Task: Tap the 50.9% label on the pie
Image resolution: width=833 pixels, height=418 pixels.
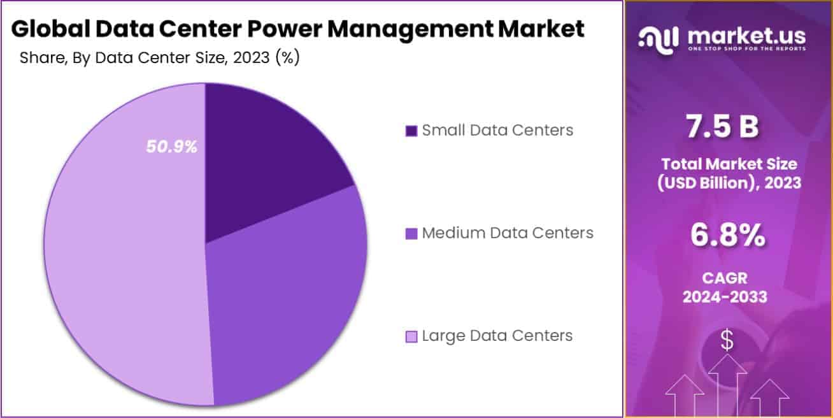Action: (x=172, y=147)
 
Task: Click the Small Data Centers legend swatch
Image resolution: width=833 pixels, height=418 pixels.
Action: (x=411, y=131)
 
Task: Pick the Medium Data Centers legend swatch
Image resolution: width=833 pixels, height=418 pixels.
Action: (x=411, y=233)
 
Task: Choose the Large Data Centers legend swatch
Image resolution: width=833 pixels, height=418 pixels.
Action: (x=411, y=336)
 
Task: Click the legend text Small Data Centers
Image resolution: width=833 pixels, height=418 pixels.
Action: (x=497, y=131)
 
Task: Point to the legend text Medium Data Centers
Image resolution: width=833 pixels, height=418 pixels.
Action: (x=508, y=233)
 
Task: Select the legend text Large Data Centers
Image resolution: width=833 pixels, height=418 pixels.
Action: (x=497, y=336)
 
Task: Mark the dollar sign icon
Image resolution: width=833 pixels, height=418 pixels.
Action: (x=727, y=340)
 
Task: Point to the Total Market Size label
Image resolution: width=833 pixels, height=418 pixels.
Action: (x=729, y=164)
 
